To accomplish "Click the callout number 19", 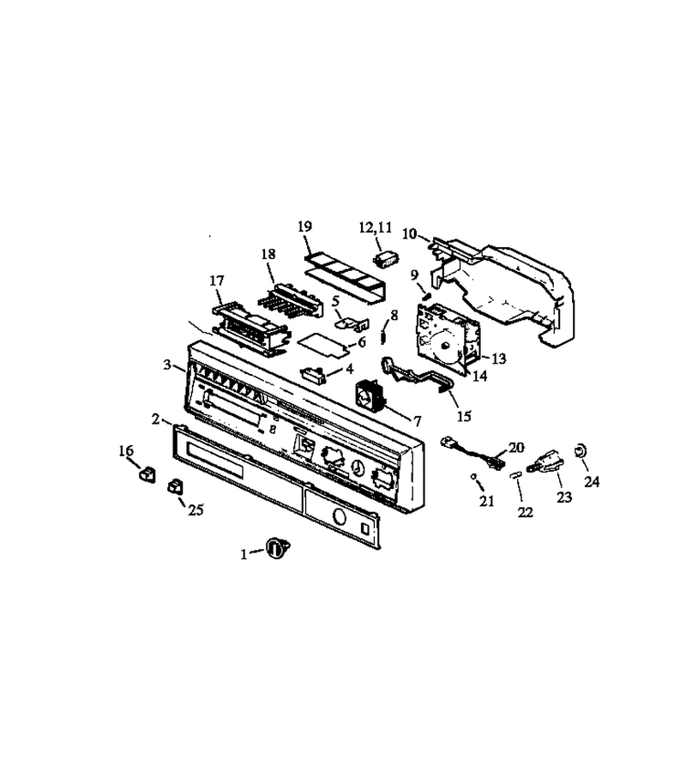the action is click(x=305, y=226).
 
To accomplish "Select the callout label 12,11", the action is click(x=376, y=227).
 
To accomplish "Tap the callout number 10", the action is click(x=409, y=233).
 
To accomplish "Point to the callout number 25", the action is click(x=196, y=510).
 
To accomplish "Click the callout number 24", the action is click(x=592, y=481).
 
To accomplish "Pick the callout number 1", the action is click(x=244, y=555).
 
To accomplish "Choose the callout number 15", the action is click(x=464, y=417).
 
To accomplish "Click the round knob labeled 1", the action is click(x=278, y=547).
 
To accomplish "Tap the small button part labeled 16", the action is click(x=147, y=474).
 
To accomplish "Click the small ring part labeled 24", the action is click(x=581, y=450).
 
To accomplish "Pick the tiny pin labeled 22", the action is click(x=516, y=475).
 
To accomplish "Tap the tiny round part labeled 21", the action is click(x=472, y=476).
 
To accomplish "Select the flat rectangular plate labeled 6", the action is click(x=322, y=342).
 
